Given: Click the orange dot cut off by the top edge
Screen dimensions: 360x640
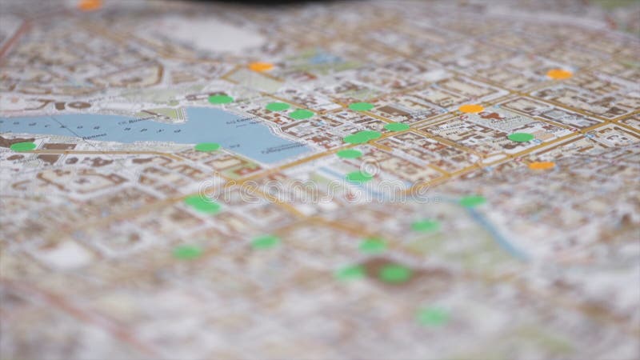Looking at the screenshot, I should (x=90, y=4).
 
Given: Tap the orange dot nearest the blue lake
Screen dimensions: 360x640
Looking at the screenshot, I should (x=260, y=67).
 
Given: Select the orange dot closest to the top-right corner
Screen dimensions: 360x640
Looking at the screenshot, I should (x=559, y=74).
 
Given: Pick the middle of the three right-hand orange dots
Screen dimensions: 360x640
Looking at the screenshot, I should (x=471, y=108).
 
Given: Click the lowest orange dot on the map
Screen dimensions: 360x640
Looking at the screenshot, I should (x=542, y=166).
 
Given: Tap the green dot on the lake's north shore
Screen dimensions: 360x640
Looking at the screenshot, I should (x=220, y=99).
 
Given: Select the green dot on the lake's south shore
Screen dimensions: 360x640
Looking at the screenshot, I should (x=207, y=147).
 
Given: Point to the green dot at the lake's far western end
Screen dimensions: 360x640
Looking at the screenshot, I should (x=23, y=146).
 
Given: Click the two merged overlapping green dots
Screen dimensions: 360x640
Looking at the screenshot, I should (x=362, y=137).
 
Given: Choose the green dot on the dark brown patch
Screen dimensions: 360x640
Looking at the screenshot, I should (x=395, y=274).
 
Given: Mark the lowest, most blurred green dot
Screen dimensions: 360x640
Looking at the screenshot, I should (x=433, y=317).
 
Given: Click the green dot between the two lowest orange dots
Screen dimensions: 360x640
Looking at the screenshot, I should (x=520, y=137).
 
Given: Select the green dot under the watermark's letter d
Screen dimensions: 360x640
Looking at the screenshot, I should (x=202, y=204).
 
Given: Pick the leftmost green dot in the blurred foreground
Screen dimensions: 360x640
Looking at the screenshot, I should (x=188, y=252).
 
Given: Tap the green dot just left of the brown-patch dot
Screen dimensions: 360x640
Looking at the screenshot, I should (x=350, y=273).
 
